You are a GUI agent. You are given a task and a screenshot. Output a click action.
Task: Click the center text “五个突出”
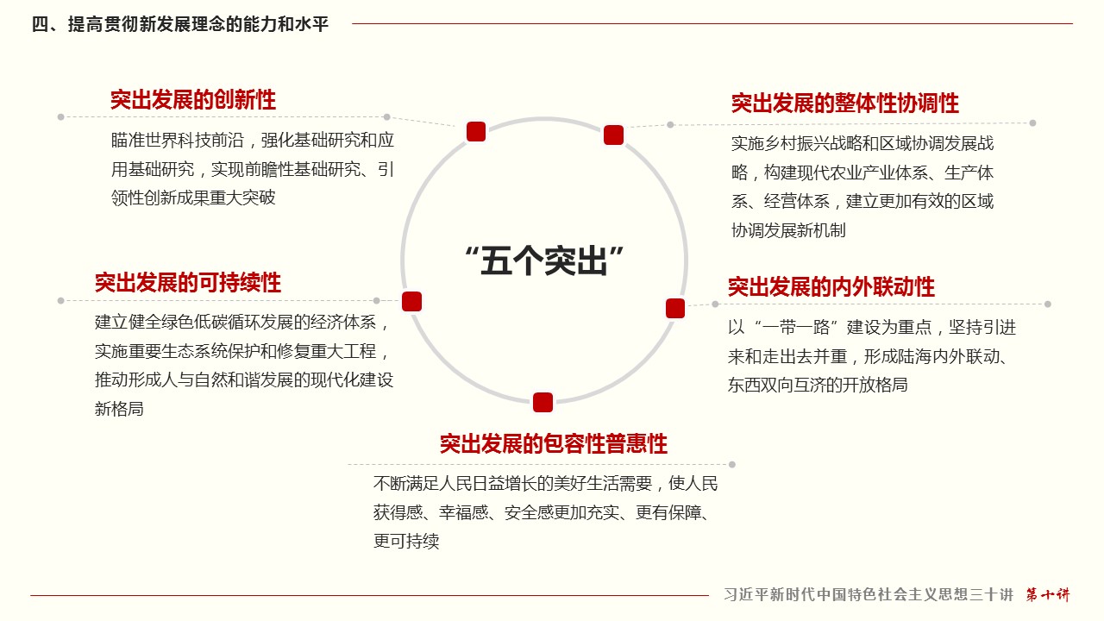[544, 260]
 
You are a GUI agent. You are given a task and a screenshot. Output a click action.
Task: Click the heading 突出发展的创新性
[192, 100]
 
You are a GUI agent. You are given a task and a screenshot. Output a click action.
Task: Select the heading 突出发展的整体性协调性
[844, 103]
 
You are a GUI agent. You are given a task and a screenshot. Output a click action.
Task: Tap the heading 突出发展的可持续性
[188, 283]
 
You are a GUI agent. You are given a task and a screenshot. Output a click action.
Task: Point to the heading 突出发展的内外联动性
[831, 287]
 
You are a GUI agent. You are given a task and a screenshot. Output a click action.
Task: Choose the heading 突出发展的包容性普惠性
[554, 443]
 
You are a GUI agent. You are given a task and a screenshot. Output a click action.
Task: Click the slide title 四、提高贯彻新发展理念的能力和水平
[180, 24]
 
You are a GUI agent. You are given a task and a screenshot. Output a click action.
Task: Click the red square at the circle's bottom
[543, 402]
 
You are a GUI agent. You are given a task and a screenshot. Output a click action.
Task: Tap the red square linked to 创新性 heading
[476, 132]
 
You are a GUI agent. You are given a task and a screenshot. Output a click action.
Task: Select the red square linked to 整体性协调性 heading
[613, 135]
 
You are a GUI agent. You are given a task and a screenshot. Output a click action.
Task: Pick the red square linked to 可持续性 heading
[411, 302]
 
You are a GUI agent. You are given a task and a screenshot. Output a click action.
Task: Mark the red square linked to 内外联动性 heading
[675, 309]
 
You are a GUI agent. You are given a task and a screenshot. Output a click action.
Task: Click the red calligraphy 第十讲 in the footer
[1048, 594]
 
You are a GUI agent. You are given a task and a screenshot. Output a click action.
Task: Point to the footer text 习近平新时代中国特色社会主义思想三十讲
[869, 594]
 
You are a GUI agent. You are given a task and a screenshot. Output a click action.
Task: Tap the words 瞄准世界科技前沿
[178, 141]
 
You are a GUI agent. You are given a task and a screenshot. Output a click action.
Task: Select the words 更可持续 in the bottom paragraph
[406, 541]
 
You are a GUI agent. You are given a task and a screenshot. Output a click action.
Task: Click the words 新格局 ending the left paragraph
[119, 409]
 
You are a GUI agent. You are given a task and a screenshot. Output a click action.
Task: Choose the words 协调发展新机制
[788, 230]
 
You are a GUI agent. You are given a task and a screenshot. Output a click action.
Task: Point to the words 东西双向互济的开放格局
[818, 385]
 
